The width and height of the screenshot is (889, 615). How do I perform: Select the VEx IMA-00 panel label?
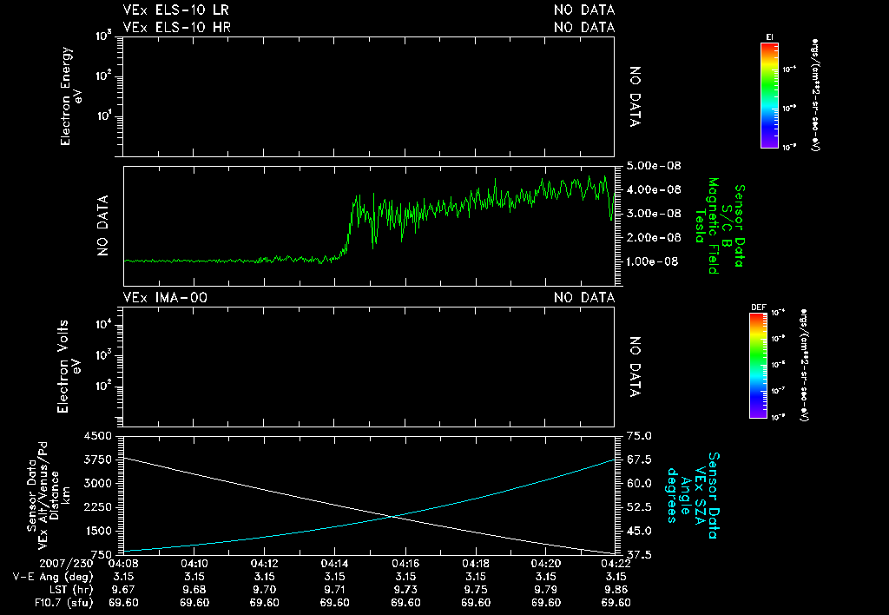click(166, 298)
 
